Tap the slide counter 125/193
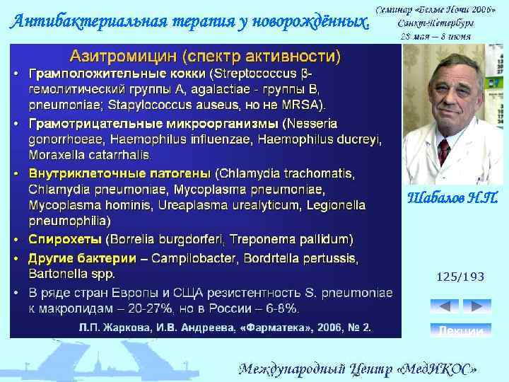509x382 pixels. (x=460, y=277)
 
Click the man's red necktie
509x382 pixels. (x=444, y=151)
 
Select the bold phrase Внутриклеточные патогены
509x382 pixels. (x=119, y=173)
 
